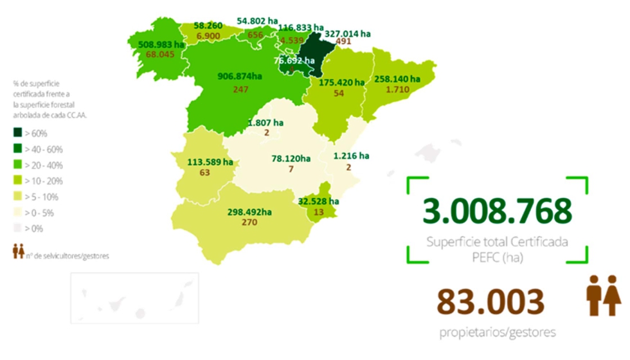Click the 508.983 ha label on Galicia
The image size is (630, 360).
click(x=162, y=44)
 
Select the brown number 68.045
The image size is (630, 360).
click(x=161, y=55)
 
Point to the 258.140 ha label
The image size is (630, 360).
click(x=397, y=79)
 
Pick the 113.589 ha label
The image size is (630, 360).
click(x=210, y=162)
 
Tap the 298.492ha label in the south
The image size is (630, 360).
click(x=249, y=212)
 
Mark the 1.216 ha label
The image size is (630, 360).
click(x=351, y=155)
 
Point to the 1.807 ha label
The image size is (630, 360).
click(x=265, y=122)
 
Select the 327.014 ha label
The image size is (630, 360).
click(x=348, y=33)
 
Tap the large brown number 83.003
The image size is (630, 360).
click(x=491, y=303)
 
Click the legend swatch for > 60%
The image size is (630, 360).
click(x=17, y=134)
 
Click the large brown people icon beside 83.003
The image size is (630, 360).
click(x=604, y=296)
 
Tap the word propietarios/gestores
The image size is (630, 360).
click(x=498, y=333)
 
